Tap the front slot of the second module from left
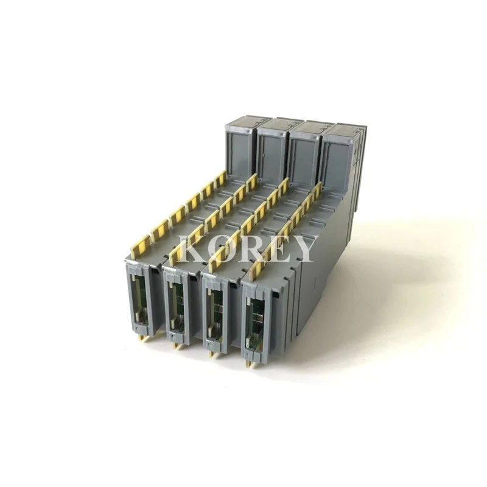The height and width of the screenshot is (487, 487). click(177, 308)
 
